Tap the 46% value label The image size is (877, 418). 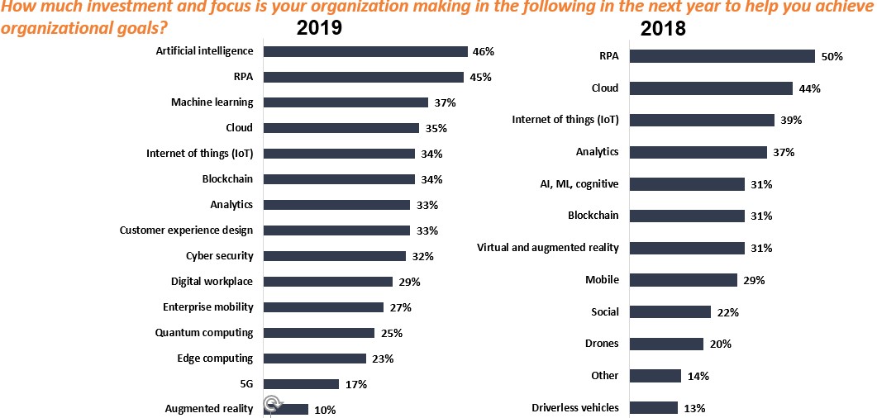483,51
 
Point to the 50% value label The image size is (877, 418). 832,57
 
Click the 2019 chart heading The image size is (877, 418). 320,27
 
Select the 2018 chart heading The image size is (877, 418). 663,29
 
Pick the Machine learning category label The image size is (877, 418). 212,102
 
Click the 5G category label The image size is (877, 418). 245,384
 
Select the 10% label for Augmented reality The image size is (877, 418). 326,410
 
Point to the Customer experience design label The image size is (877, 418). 186,230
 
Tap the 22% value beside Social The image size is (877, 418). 728,312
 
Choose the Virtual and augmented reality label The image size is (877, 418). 548,248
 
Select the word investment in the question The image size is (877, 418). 105,7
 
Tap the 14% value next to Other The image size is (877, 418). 698,376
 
